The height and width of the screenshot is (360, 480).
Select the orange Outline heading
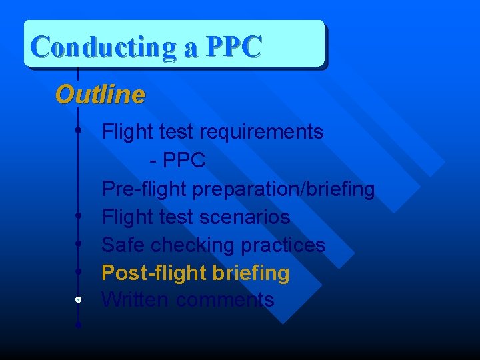pyautogui.click(x=99, y=95)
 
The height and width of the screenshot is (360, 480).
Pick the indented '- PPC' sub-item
pyautogui.click(x=178, y=161)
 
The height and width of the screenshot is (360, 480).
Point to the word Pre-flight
pyautogui.click(x=145, y=189)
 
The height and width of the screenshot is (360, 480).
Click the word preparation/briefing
pyautogui.click(x=284, y=189)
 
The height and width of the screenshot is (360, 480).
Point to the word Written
pyautogui.click(x=135, y=300)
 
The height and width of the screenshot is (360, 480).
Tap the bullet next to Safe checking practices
pyautogui.click(x=79, y=243)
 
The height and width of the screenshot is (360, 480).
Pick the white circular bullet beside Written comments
pyautogui.click(x=79, y=299)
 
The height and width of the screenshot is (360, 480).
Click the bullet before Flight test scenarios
pyautogui.click(x=79, y=215)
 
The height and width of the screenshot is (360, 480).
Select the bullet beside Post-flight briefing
pyautogui.click(x=79, y=271)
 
